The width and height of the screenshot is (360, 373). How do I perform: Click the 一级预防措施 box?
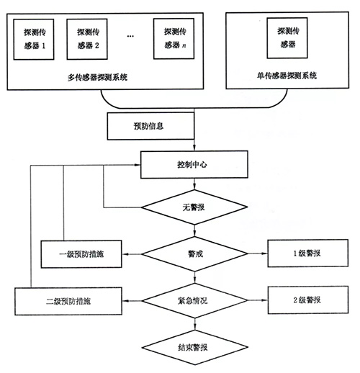[x=80, y=254]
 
